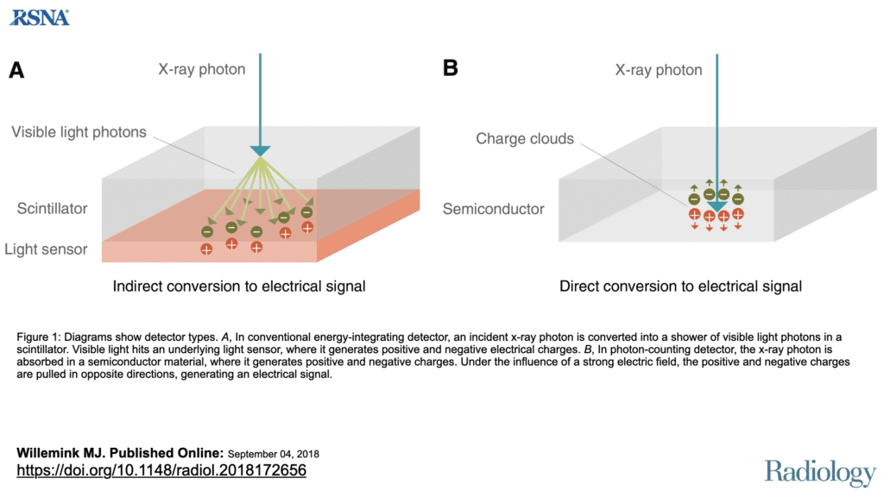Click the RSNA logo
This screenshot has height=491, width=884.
[40, 16]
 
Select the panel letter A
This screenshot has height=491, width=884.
[16, 71]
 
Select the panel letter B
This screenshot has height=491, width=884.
[450, 68]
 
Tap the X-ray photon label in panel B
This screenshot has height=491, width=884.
[658, 69]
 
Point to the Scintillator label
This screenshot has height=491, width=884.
[53, 209]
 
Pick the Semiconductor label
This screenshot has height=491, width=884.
[493, 209]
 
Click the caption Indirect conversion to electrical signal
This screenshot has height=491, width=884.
[239, 286]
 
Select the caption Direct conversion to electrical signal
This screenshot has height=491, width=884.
[680, 286]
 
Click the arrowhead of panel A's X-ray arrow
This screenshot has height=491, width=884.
[260, 151]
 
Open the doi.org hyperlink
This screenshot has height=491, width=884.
[161, 470]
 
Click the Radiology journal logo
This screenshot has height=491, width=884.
[819, 472]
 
